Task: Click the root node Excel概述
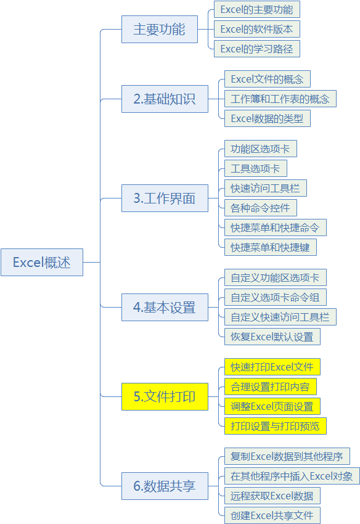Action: point(42,263)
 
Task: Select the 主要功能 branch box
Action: point(160,29)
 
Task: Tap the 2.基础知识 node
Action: point(165,99)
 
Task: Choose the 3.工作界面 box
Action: point(165,198)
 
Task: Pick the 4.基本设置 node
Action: point(165,308)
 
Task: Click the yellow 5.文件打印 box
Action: point(165,396)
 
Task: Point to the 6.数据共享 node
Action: point(165,486)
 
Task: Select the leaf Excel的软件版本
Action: point(257,29)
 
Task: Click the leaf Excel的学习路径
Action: point(257,49)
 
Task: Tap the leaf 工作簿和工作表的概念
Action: point(280,99)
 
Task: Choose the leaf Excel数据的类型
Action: point(268,118)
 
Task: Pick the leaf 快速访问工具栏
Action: point(266,188)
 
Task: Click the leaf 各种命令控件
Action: point(261,208)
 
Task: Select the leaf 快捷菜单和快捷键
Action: point(271,247)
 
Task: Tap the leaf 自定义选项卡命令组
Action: point(276,297)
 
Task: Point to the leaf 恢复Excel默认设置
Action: point(272,337)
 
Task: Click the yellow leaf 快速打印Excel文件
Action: point(272,367)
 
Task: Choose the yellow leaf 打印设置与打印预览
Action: point(276,426)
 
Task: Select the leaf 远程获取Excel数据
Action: point(272,496)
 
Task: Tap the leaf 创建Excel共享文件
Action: point(272,515)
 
